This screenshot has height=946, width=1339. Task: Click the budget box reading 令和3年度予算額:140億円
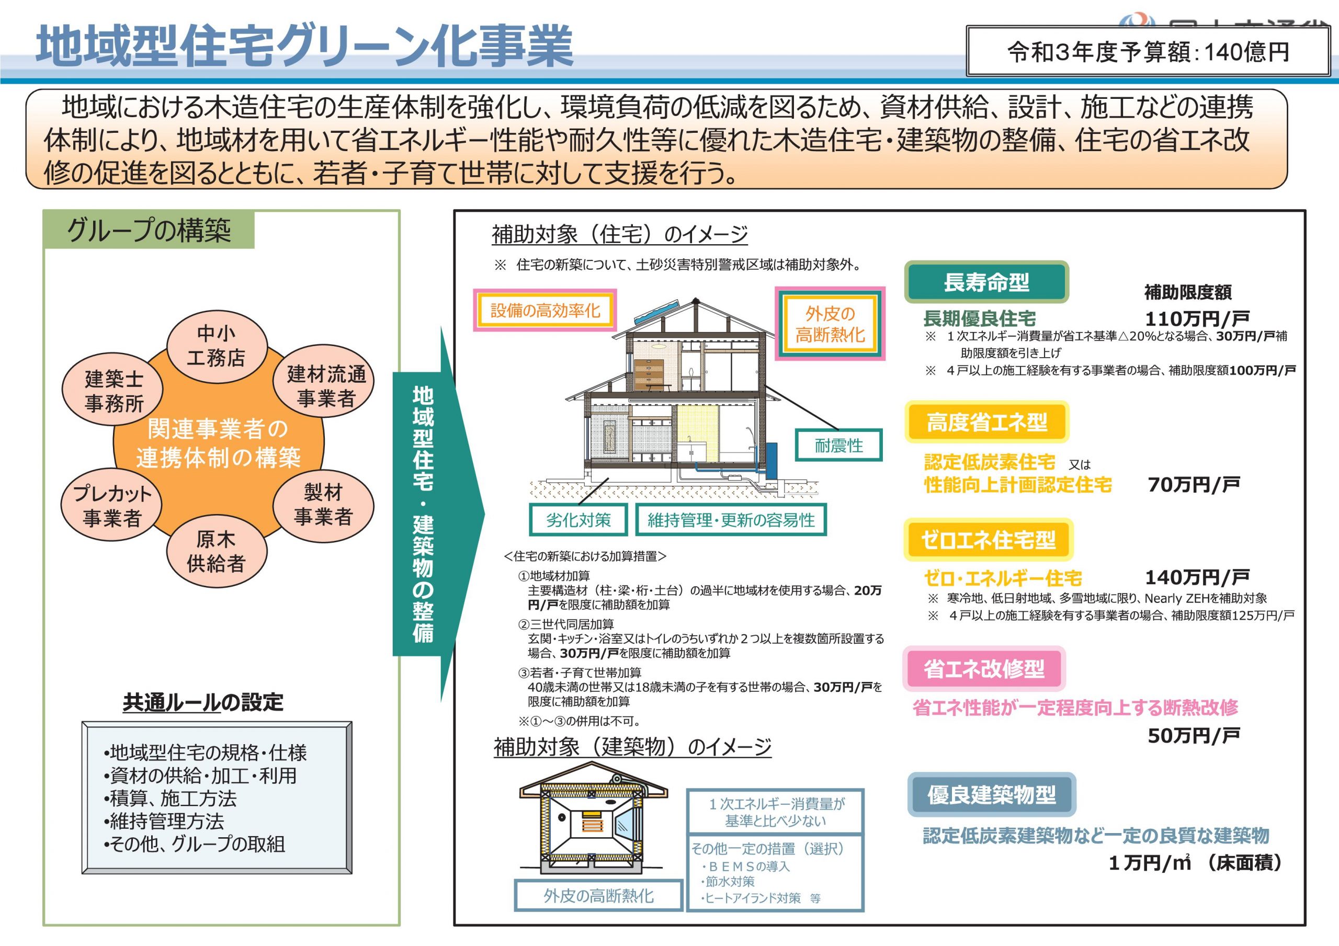click(x=1148, y=51)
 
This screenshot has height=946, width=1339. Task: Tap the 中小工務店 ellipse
click(x=217, y=346)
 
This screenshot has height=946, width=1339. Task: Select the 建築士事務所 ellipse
click(x=112, y=389)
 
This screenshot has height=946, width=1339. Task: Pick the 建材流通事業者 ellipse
click(x=324, y=381)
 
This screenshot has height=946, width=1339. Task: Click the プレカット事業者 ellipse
click(x=111, y=505)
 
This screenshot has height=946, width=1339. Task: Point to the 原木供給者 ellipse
click(x=217, y=551)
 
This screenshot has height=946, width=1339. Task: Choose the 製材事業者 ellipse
click(x=324, y=505)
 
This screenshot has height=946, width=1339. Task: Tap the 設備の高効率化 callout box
click(x=544, y=310)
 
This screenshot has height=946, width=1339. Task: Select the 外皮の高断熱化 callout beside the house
click(x=830, y=324)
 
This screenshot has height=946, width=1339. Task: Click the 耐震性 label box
click(x=838, y=446)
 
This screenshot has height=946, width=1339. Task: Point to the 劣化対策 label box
click(x=578, y=520)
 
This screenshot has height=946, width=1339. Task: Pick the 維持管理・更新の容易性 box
click(x=731, y=520)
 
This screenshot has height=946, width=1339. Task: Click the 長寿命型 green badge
click(x=986, y=282)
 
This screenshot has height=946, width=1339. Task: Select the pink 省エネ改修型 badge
click(x=984, y=668)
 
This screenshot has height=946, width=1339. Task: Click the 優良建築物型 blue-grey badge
click(x=991, y=794)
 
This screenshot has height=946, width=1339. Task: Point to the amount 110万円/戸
click(x=1198, y=318)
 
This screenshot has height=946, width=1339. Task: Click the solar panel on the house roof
click(x=656, y=314)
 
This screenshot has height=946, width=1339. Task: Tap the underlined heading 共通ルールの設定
click(x=203, y=702)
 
